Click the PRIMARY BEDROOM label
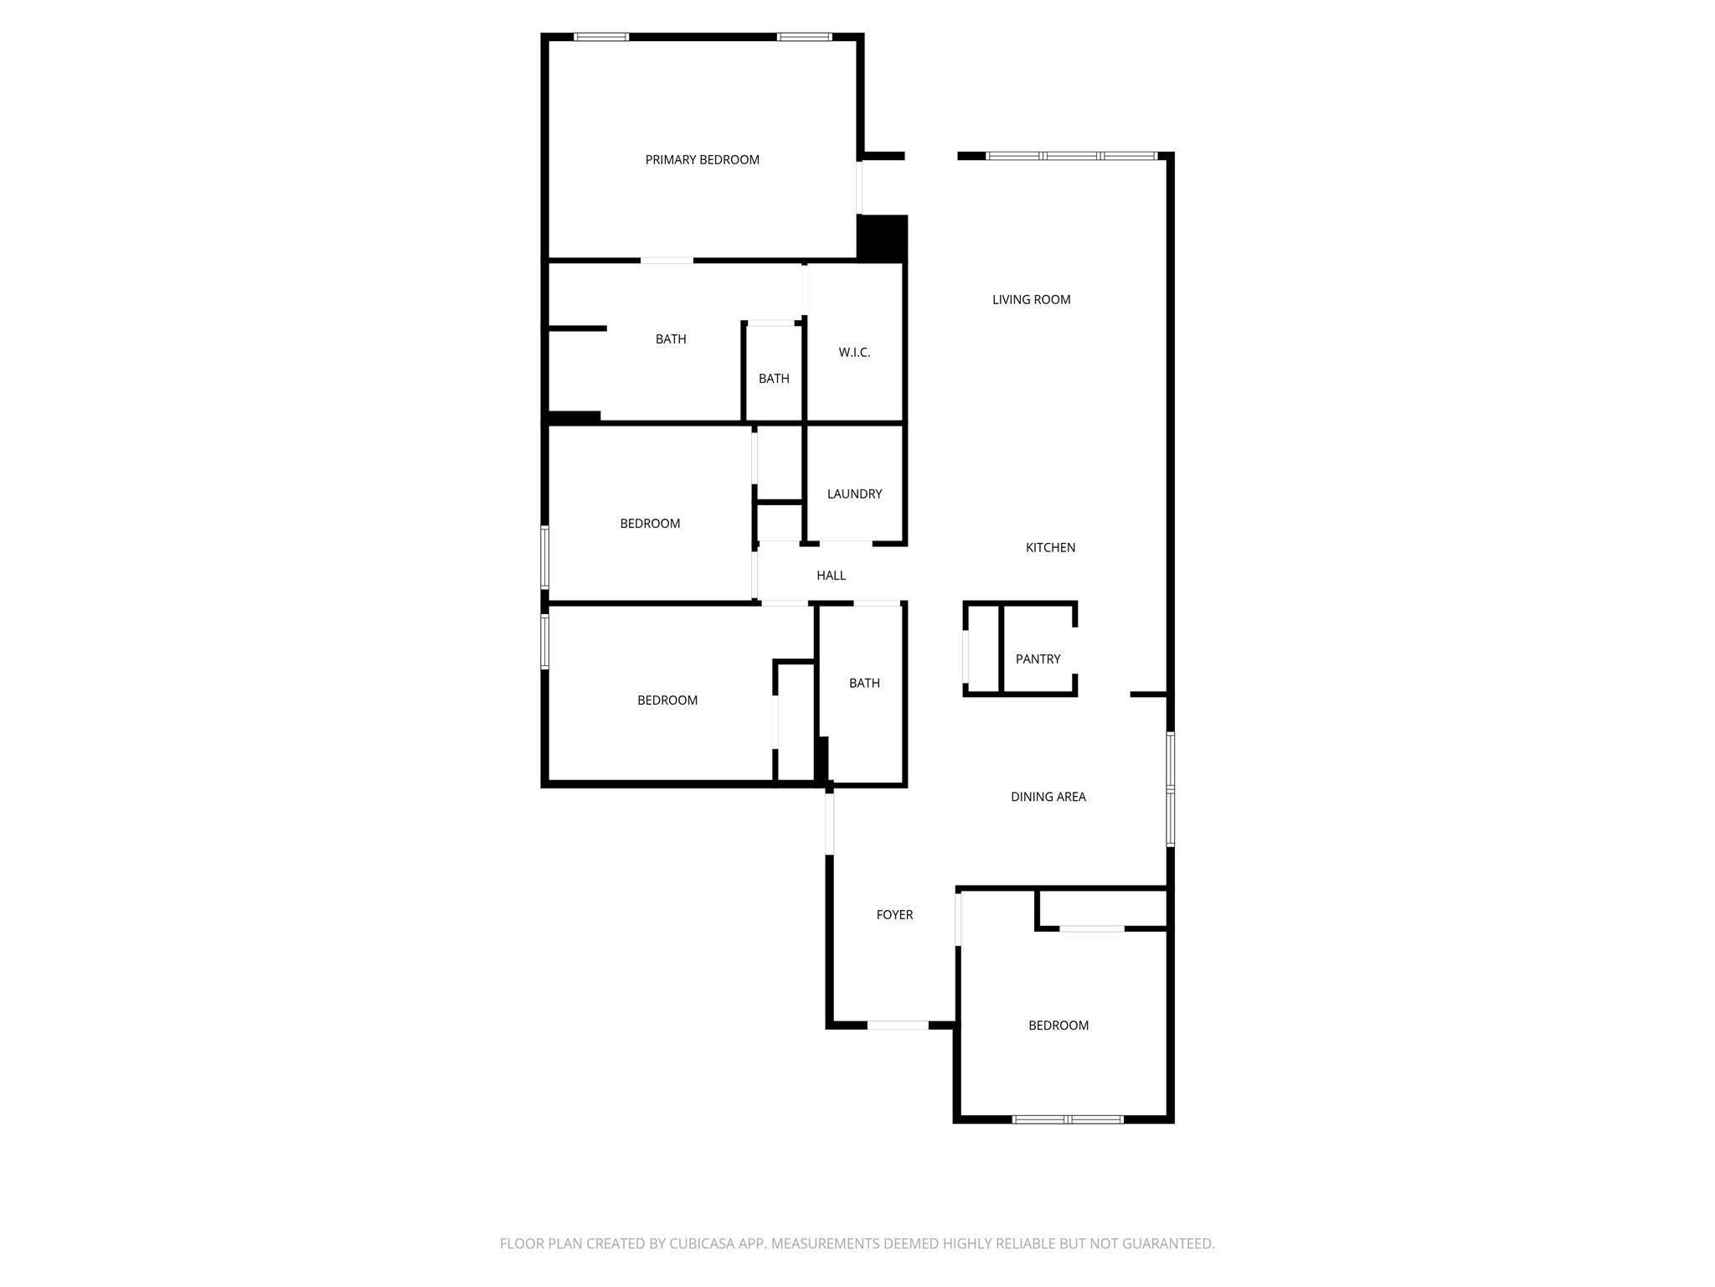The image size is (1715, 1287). (x=702, y=160)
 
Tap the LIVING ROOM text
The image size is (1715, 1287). (x=1031, y=300)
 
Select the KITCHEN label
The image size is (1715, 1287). (x=1050, y=548)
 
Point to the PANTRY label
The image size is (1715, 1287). (x=1038, y=659)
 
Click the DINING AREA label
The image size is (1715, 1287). (x=1048, y=797)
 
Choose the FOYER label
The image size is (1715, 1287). (x=894, y=915)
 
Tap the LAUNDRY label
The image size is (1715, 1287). (x=854, y=494)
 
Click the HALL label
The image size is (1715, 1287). (x=831, y=576)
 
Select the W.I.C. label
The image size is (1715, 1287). (x=854, y=353)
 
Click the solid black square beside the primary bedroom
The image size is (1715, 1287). (x=882, y=237)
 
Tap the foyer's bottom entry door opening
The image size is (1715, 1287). (x=898, y=1025)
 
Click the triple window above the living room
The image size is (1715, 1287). (x=1072, y=156)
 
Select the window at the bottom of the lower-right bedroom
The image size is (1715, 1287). (x=1068, y=1119)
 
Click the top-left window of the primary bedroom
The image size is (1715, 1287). (x=601, y=37)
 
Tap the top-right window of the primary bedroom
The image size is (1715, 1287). (x=804, y=37)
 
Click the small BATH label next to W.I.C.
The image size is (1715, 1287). (x=774, y=379)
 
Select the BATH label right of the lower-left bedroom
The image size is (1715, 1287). (x=864, y=684)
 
